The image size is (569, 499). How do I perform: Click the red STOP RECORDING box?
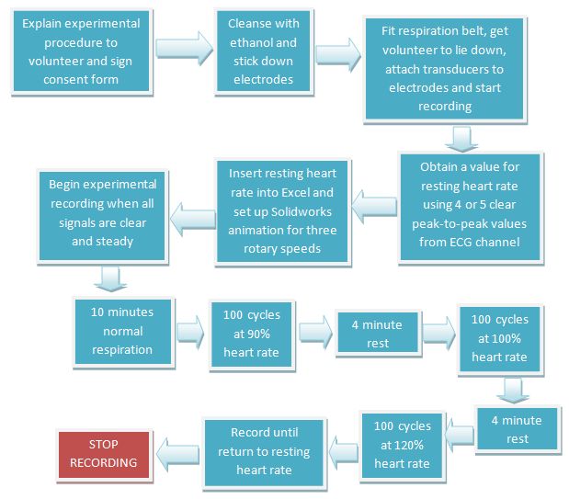tap(104, 454)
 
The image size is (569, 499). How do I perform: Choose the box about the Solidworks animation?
tap(282, 210)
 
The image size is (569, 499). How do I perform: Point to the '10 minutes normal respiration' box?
tap(122, 331)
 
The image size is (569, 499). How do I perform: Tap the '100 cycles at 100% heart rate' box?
tap(499, 337)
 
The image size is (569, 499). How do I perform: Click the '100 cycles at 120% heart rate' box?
tap(401, 446)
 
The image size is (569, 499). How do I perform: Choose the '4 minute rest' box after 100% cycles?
tap(517, 429)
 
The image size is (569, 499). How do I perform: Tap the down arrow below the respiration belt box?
tap(459, 138)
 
